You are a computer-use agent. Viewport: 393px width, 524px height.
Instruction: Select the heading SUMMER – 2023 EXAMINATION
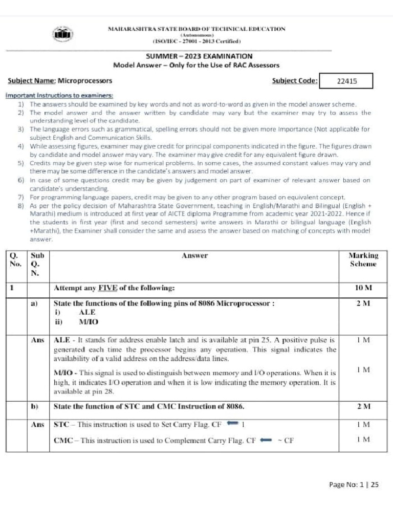click(182, 56)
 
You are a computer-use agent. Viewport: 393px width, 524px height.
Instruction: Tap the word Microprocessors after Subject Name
click(85, 81)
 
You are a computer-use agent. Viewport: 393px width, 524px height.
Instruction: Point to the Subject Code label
click(294, 80)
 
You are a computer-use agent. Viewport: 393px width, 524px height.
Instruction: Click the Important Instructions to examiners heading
click(59, 96)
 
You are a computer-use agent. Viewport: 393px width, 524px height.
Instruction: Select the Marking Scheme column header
click(363, 259)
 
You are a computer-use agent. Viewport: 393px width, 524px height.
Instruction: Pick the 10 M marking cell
click(363, 288)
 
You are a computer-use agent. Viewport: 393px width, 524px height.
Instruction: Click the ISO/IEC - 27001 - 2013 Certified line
click(196, 41)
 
